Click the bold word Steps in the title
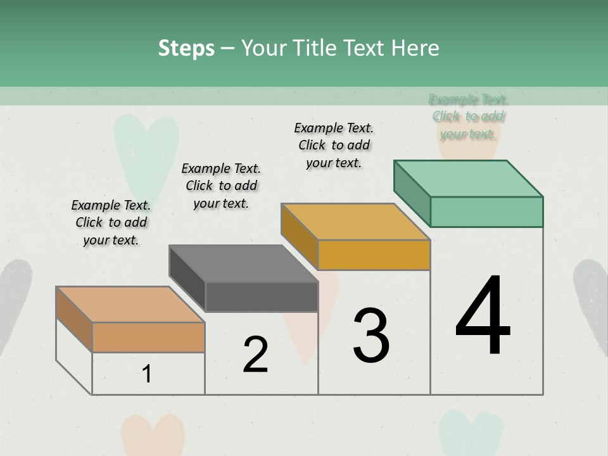click(186, 48)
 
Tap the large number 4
click(483, 317)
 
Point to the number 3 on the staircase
click(371, 336)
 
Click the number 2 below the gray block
click(255, 355)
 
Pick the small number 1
click(147, 374)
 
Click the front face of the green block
click(486, 212)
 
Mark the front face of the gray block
click(262, 296)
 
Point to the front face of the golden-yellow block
click(374, 255)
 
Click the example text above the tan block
click(111, 222)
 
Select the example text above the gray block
click(221, 186)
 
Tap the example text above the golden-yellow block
click(334, 145)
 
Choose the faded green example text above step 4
click(469, 117)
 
